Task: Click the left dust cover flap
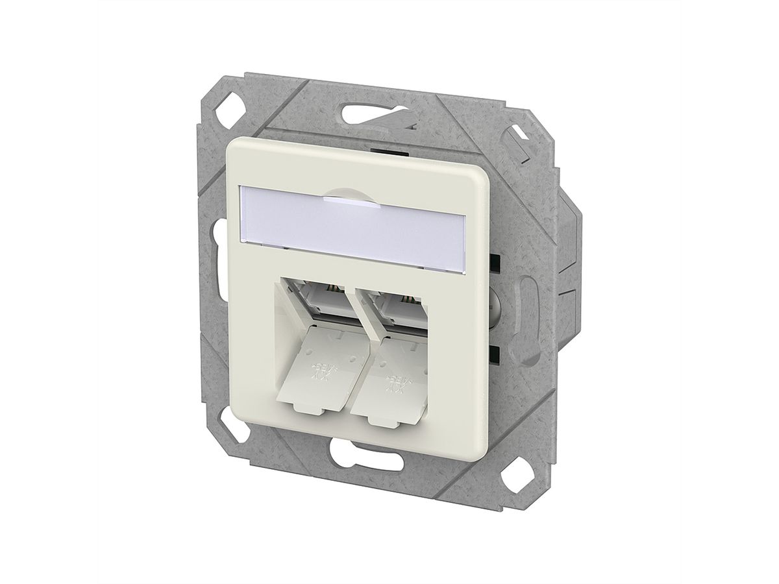point(317,376)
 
